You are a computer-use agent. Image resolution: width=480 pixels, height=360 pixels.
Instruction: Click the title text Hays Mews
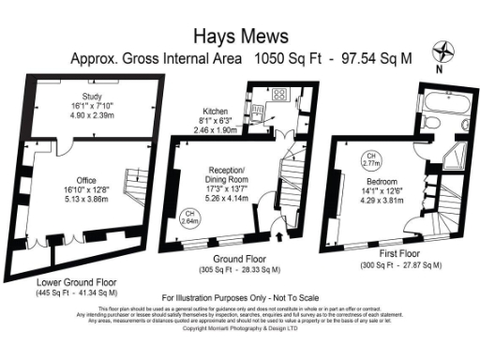tap(239, 36)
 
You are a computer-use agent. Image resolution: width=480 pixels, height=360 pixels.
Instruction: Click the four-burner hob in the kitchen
tap(278, 95)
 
